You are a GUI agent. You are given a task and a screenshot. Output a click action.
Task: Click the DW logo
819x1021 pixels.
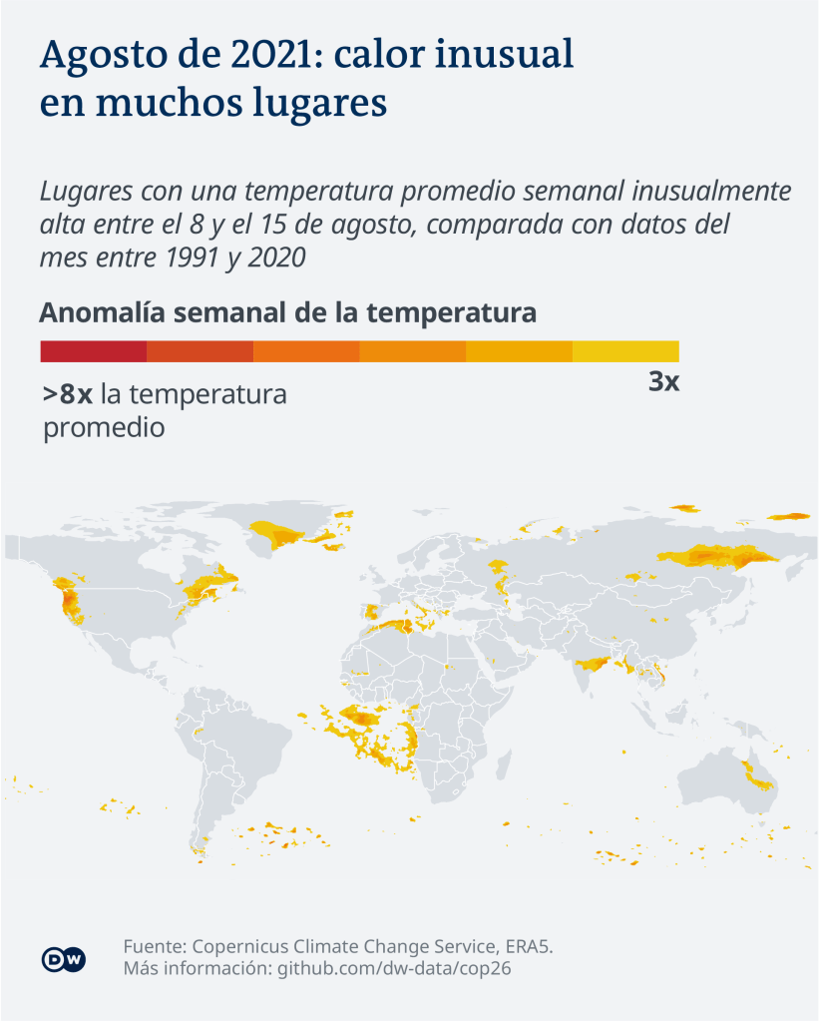(64, 959)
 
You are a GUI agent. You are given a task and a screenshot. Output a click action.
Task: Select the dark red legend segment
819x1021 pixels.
(93, 351)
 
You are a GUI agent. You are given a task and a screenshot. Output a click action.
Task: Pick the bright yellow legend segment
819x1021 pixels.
(625, 351)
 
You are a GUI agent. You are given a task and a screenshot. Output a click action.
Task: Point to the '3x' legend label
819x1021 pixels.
(663, 381)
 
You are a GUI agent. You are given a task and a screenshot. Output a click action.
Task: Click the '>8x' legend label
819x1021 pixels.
(68, 394)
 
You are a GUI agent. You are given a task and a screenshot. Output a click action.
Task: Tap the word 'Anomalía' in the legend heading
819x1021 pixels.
(101, 312)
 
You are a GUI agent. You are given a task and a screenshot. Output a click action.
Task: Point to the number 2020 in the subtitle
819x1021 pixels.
(272, 256)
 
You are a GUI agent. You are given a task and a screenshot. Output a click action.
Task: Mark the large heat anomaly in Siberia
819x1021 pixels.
(718, 557)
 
